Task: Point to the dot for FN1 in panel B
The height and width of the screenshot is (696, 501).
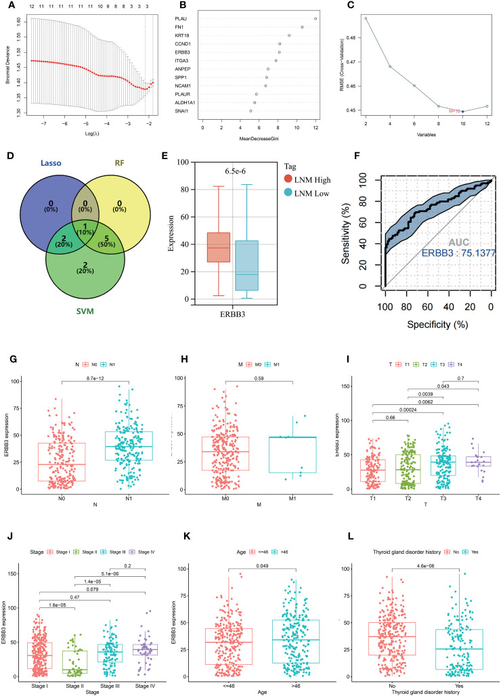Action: coord(302,27)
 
